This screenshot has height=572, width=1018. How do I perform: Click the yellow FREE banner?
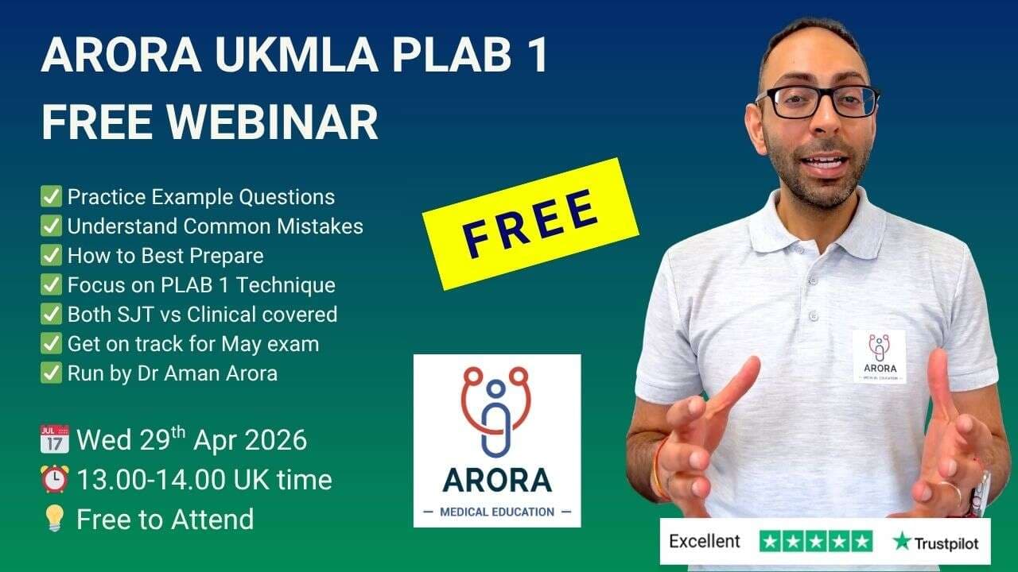click(x=530, y=222)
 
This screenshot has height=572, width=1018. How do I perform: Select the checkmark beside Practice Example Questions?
click(x=51, y=197)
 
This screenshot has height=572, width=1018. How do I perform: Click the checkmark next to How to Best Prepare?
click(x=51, y=256)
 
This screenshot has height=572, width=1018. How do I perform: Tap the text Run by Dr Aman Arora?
click(x=172, y=373)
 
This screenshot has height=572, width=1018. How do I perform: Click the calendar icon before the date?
click(x=53, y=439)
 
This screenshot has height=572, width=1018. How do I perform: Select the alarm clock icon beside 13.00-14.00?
click(x=53, y=480)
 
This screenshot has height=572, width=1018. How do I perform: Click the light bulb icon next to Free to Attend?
click(x=53, y=520)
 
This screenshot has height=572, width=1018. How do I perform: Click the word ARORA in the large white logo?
click(x=497, y=480)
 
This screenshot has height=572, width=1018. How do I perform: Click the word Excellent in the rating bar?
click(x=704, y=542)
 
